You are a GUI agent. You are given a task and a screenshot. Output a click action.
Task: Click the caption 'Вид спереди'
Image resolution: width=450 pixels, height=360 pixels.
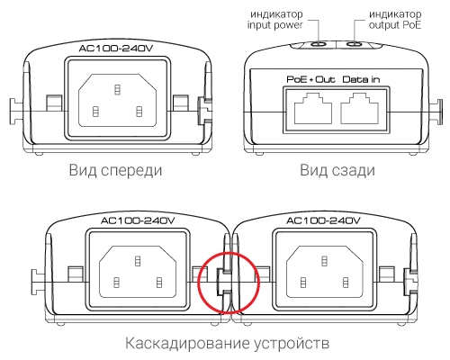[115, 170]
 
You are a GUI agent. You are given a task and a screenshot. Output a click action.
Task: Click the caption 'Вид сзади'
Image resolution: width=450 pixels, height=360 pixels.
[337, 170]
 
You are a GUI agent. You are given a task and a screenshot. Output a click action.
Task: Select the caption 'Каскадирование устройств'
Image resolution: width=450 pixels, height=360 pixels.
[227, 343]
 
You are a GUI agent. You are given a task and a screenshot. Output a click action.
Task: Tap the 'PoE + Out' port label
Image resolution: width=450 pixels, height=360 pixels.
[310, 79]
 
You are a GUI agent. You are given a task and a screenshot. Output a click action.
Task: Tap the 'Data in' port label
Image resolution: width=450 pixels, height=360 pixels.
[361, 79]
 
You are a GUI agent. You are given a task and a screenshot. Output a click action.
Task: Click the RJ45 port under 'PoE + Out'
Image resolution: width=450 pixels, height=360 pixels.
[313, 109]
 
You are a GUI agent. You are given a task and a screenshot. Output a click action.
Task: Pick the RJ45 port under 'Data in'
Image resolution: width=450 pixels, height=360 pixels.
[360, 109]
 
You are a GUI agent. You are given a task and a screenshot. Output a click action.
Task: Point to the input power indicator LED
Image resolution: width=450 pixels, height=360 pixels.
[319, 44]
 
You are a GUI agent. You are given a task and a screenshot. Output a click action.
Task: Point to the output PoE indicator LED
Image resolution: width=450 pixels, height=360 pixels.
[355, 44]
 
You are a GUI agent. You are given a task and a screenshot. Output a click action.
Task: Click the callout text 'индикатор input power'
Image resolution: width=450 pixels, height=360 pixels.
[275, 20]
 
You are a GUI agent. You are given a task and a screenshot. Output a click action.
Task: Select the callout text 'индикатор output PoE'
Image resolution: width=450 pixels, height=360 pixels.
[395, 20]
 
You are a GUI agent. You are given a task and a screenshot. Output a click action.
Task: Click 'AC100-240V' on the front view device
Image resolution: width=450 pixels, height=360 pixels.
[116, 49]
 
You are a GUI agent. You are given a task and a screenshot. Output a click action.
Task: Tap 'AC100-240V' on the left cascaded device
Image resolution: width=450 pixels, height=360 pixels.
[138, 220]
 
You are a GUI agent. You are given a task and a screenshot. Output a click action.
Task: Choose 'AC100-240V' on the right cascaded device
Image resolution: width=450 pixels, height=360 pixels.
[323, 220]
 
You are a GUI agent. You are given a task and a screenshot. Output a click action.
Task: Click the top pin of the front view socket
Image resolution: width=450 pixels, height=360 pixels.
[117, 89]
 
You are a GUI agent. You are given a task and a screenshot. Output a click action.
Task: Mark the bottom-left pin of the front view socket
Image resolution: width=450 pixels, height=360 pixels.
[95, 112]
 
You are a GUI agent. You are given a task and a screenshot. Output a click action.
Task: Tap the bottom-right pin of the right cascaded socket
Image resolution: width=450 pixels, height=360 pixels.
[346, 283]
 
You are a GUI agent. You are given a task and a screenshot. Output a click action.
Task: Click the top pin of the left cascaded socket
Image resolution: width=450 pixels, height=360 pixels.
[138, 261]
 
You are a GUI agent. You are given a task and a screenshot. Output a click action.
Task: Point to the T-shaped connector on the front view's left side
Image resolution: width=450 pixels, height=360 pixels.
[16, 111]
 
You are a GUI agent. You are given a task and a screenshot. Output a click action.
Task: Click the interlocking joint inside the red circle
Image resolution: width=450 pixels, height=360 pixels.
[224, 283]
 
